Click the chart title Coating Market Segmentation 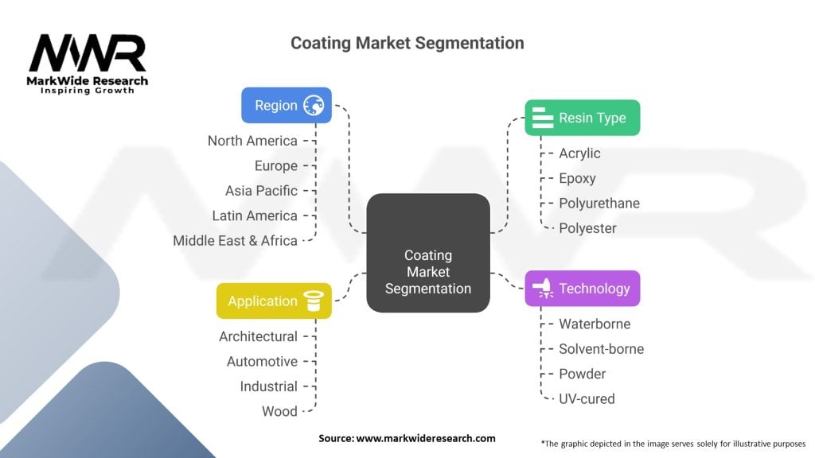click(x=407, y=43)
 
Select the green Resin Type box click(x=582, y=118)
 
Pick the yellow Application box click(x=274, y=301)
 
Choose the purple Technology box click(x=582, y=289)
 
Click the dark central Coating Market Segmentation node click(x=428, y=253)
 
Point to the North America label click(x=252, y=141)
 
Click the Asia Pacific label click(x=261, y=191)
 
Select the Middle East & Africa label click(x=235, y=240)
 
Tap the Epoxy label click(x=577, y=178)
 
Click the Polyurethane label click(x=599, y=203)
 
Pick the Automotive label click(x=262, y=362)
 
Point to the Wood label click(x=279, y=411)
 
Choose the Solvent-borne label click(x=601, y=349)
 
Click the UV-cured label click(x=587, y=398)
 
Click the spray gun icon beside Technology click(x=544, y=289)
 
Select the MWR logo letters click(x=88, y=54)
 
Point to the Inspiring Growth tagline click(x=88, y=91)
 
